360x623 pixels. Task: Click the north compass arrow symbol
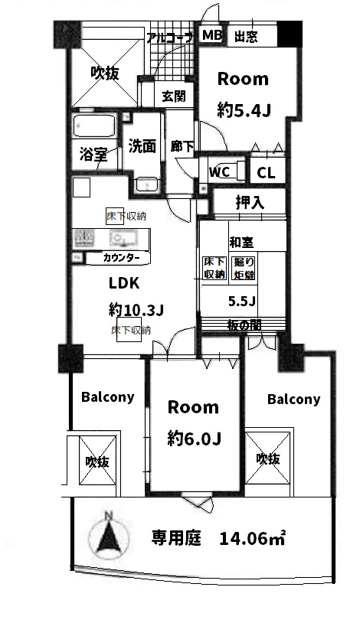click(108, 537)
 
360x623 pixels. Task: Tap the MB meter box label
click(212, 35)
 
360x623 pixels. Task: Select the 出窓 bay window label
click(246, 37)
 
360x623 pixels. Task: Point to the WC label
click(220, 172)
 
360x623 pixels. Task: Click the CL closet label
click(266, 173)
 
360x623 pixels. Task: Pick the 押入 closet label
click(250, 203)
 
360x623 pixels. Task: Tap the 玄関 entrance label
click(173, 96)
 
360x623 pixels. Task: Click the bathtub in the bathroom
click(94, 127)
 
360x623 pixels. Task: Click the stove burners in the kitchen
click(84, 239)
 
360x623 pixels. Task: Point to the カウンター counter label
click(121, 258)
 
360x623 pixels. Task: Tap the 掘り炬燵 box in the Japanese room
click(244, 268)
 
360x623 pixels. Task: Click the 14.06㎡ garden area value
click(252, 538)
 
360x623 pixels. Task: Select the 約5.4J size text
click(244, 110)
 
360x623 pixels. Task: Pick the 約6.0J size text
click(194, 439)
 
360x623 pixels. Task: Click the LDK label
click(124, 283)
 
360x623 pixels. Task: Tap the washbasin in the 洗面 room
click(147, 184)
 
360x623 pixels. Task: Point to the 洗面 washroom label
click(142, 146)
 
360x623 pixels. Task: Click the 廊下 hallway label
click(182, 146)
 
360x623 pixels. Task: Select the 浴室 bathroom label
click(93, 154)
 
